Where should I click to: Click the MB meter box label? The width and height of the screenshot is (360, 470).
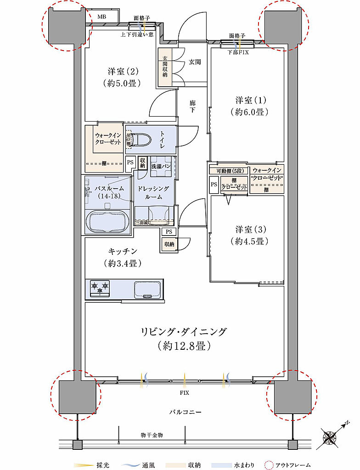[101, 17]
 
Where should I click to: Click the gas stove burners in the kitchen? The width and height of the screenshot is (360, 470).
[100, 288]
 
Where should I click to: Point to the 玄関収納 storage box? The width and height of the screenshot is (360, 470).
[164, 67]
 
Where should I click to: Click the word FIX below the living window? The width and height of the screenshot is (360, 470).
[184, 393]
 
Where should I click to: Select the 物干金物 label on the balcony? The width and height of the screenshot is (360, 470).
[152, 434]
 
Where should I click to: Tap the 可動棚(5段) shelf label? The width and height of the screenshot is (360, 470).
[227, 171]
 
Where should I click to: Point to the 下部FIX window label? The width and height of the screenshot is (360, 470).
[238, 52]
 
